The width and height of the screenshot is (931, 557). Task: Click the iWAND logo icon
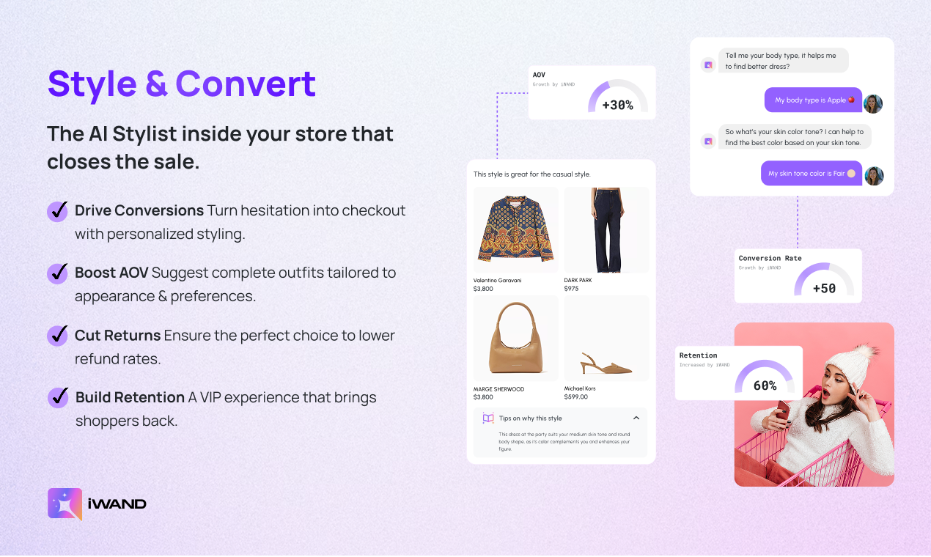[x=65, y=503]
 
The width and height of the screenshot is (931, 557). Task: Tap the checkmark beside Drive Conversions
[x=58, y=210]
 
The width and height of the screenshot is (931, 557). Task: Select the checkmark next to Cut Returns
[x=58, y=336]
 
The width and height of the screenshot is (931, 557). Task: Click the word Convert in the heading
[x=246, y=84]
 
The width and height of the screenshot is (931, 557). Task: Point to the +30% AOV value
[x=617, y=106]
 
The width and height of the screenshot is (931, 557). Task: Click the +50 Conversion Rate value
[x=824, y=289]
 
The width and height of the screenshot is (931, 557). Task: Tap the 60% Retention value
[x=765, y=386]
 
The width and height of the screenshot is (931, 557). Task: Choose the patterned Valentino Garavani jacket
[x=515, y=229]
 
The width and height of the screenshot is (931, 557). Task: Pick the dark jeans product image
[x=606, y=229]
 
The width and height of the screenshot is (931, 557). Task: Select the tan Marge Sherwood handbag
[x=515, y=338]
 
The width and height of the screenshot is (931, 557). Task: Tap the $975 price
[x=571, y=289]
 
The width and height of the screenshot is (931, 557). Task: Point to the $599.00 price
[x=575, y=396]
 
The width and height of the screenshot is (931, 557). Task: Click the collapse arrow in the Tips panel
[x=636, y=418]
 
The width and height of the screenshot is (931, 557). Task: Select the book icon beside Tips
[x=488, y=418]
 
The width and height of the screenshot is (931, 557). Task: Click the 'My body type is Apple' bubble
[x=813, y=100]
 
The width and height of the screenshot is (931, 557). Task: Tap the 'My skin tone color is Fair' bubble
[x=811, y=174]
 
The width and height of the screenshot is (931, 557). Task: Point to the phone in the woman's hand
[x=781, y=413]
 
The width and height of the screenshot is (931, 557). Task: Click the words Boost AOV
[x=111, y=273]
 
